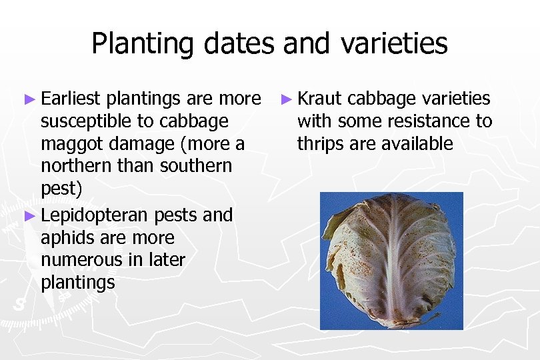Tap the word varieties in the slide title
[x=395, y=44]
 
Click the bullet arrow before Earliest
[x=29, y=99]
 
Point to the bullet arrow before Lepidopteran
[x=29, y=215]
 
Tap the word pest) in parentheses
[x=61, y=189]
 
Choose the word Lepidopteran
[x=95, y=215]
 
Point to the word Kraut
[x=319, y=99]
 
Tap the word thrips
[x=319, y=144]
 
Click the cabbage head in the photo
[x=391, y=260]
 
